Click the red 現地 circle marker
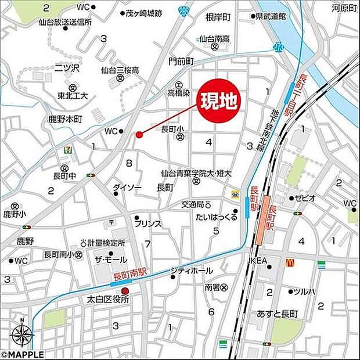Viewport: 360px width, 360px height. (x=219, y=102)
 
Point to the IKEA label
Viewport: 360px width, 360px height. (x=258, y=260)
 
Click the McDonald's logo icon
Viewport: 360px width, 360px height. (x=289, y=263)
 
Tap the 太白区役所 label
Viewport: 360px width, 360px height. (x=107, y=300)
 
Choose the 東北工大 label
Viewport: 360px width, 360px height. (x=72, y=96)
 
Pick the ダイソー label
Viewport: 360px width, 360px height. (x=127, y=187)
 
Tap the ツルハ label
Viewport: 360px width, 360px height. (x=304, y=291)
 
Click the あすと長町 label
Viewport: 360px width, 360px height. (x=277, y=314)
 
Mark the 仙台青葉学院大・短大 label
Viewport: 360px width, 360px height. (x=196, y=172)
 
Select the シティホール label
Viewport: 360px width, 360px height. (x=192, y=271)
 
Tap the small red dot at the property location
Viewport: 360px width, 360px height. (x=139, y=135)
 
